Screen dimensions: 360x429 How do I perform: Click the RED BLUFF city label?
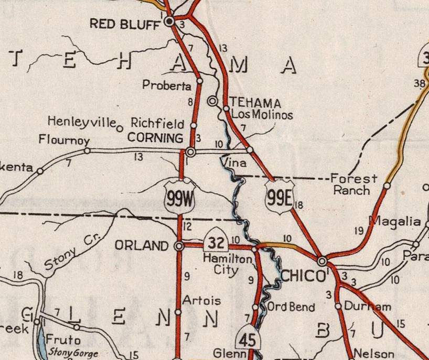(124, 24)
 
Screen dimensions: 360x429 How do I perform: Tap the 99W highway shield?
(179, 197)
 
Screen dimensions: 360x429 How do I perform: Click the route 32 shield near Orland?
(215, 241)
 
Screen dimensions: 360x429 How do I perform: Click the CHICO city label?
(303, 276)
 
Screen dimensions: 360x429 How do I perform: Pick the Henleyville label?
(81, 122)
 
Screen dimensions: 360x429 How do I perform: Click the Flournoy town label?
(65, 140)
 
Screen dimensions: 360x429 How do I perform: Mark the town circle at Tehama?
(212, 101)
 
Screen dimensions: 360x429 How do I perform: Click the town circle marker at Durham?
(338, 306)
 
